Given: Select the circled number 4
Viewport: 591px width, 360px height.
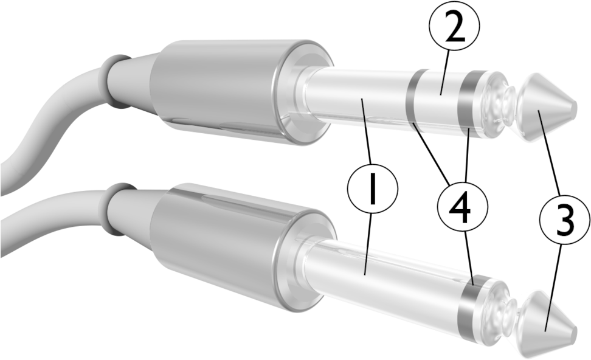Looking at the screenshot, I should (463, 210).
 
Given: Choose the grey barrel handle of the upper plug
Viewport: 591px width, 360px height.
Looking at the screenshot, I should (219, 85).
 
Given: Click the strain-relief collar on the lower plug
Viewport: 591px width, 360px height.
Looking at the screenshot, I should (119, 207).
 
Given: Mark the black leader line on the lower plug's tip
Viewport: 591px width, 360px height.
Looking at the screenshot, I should (549, 318).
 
